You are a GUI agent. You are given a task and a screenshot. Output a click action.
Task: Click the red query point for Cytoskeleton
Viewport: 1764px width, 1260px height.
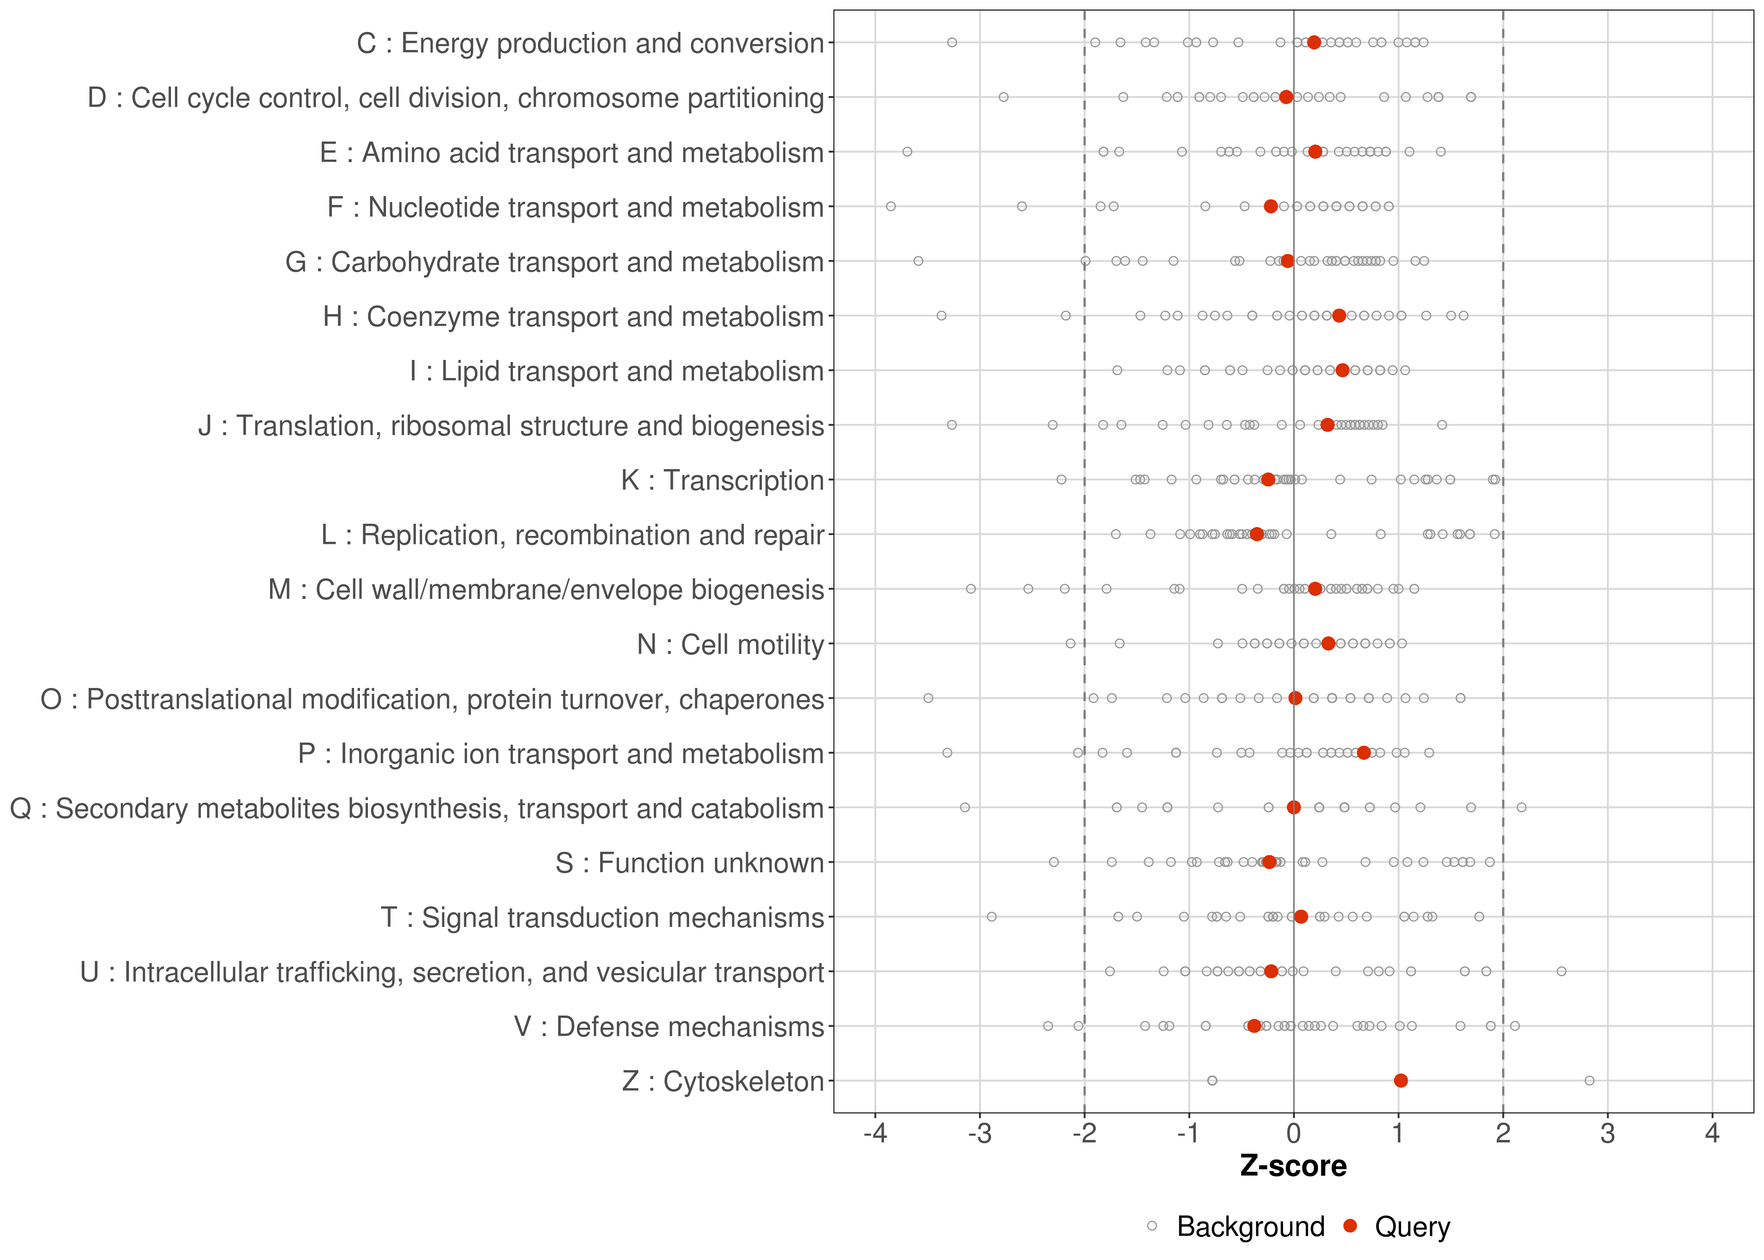1400,1081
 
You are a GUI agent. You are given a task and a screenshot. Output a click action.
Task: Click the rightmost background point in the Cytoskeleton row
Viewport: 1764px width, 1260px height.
1589,1081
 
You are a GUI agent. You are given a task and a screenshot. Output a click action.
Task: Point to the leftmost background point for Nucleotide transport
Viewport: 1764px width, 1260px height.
890,206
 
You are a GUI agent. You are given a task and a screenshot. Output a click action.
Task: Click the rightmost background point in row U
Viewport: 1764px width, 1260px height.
1562,971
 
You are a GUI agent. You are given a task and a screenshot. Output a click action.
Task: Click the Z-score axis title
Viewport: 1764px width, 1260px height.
1293,1166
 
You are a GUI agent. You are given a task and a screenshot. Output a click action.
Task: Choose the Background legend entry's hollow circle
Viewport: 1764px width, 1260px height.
1152,1227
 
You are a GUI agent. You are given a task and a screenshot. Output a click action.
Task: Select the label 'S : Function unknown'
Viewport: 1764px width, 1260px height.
689,863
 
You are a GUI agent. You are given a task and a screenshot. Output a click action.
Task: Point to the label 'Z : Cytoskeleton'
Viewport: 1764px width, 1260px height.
722,1081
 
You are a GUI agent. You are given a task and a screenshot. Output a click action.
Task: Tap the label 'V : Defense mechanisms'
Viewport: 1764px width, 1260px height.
669,1026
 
